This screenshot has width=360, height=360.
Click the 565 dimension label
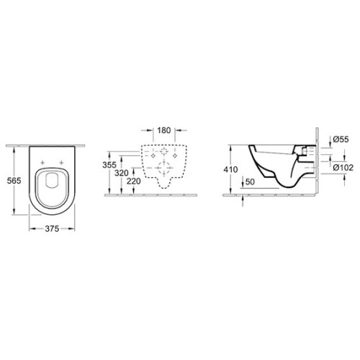14,181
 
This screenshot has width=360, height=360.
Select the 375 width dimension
52,229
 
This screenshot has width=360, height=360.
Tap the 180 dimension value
164,130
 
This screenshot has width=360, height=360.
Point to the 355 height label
109,165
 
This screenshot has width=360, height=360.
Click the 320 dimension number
121,173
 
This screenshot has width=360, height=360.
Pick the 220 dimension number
133,181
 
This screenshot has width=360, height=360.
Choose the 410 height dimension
230,169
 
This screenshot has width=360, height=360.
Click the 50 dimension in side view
250,181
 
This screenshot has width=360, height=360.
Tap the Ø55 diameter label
341,139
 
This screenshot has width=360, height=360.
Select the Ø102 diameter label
343,168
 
